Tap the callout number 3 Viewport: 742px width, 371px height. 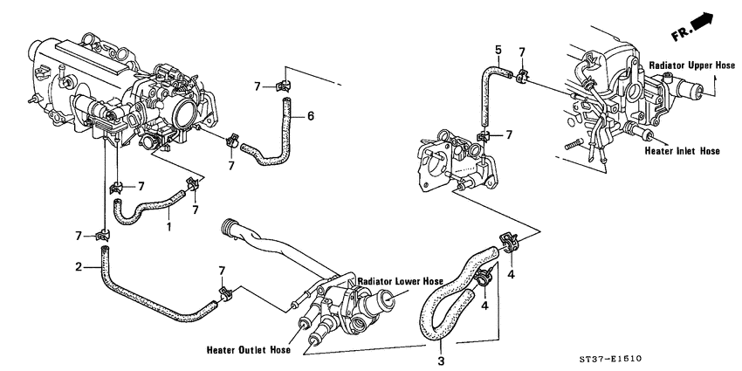pos(442,358)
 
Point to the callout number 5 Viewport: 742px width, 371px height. pos(498,49)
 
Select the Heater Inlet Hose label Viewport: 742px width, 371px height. pos(684,150)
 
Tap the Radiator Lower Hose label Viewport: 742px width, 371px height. pos(402,282)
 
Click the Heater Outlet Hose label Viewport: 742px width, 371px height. pos(248,352)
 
